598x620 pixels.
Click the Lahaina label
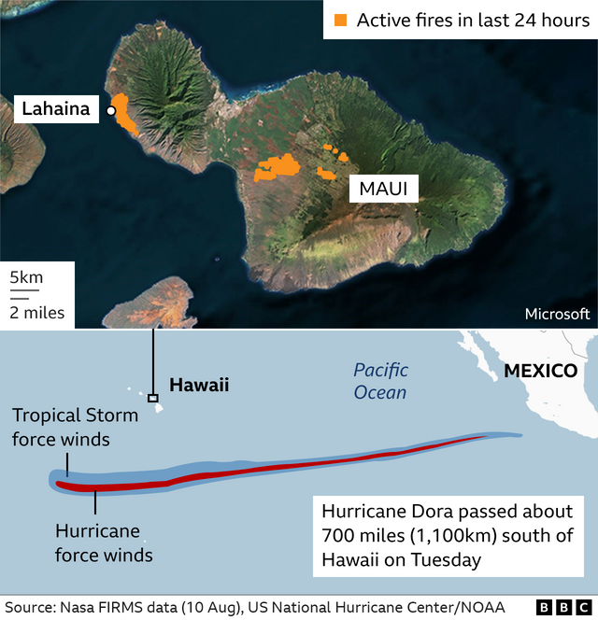(x=57, y=109)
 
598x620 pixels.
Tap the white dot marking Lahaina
(x=111, y=111)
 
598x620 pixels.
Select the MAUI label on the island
(x=384, y=190)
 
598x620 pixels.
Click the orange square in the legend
(x=341, y=21)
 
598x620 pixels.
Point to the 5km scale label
(x=27, y=277)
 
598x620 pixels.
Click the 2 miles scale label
(x=37, y=313)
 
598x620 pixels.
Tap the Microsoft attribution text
(x=557, y=314)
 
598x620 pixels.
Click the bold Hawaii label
(x=199, y=385)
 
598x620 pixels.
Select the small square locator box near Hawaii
(x=153, y=398)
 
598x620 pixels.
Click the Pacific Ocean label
(x=380, y=381)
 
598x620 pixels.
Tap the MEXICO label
(x=540, y=371)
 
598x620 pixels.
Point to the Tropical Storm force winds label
(x=75, y=427)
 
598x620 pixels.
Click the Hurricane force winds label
(x=104, y=543)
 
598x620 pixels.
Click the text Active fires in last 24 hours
(x=473, y=21)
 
